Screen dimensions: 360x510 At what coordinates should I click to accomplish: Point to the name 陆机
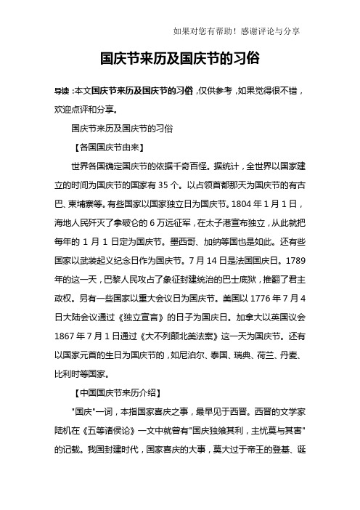click(57, 408)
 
